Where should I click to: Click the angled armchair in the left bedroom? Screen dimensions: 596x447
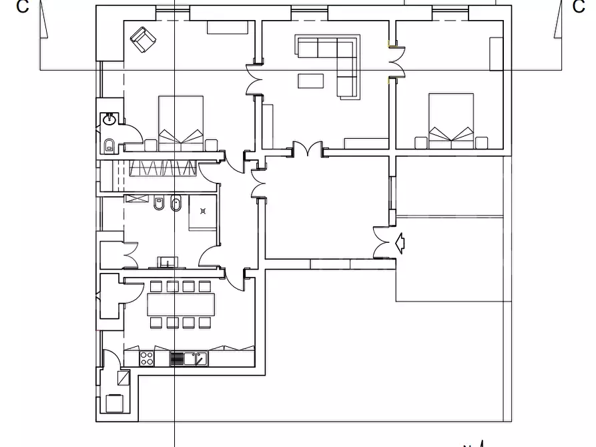[143, 39]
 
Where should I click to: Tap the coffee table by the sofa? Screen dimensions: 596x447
[310, 81]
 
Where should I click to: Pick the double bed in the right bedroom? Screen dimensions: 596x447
[451, 121]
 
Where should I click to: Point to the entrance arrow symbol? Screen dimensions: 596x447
[400, 243]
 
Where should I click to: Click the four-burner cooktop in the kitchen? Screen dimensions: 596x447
[147, 358]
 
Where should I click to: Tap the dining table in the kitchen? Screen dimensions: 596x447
[181, 304]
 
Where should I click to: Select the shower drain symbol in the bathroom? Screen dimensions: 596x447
[203, 211]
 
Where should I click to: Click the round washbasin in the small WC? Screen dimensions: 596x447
[110, 119]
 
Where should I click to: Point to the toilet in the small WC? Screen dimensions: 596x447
[109, 145]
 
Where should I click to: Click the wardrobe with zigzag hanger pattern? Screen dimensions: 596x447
[163, 168]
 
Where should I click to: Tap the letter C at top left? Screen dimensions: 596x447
[23, 7]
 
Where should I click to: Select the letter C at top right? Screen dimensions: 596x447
[579, 7]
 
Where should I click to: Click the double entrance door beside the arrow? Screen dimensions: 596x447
[382, 243]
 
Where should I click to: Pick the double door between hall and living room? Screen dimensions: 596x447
[308, 149]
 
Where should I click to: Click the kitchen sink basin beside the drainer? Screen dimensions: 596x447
[190, 358]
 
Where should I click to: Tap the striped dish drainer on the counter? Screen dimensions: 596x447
[176, 359]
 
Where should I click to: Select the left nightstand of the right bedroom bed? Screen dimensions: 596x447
[420, 143]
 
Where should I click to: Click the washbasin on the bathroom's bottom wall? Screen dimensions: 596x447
[168, 262]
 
